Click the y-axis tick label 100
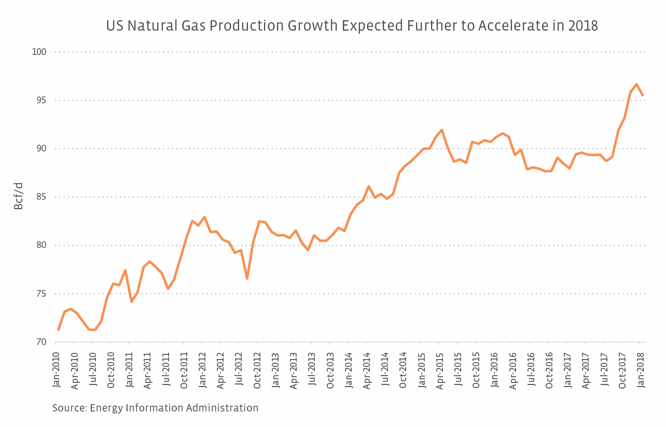pyautogui.click(x=39, y=52)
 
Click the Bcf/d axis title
pyautogui.click(x=19, y=196)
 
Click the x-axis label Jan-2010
pyautogui.click(x=57, y=369)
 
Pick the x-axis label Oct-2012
pyautogui.click(x=257, y=369)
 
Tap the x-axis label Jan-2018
pyautogui.click(x=641, y=369)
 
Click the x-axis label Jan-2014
pyautogui.click(x=349, y=369)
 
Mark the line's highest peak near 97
pyautogui.click(x=636, y=84)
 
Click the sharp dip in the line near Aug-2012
pyautogui.click(x=247, y=279)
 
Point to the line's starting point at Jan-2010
pyautogui.click(x=58, y=329)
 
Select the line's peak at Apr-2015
pyautogui.click(x=441, y=130)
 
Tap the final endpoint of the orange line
pyautogui.click(x=643, y=95)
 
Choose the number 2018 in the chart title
pyautogui.click(x=582, y=26)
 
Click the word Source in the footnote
pyautogui.click(x=68, y=408)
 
